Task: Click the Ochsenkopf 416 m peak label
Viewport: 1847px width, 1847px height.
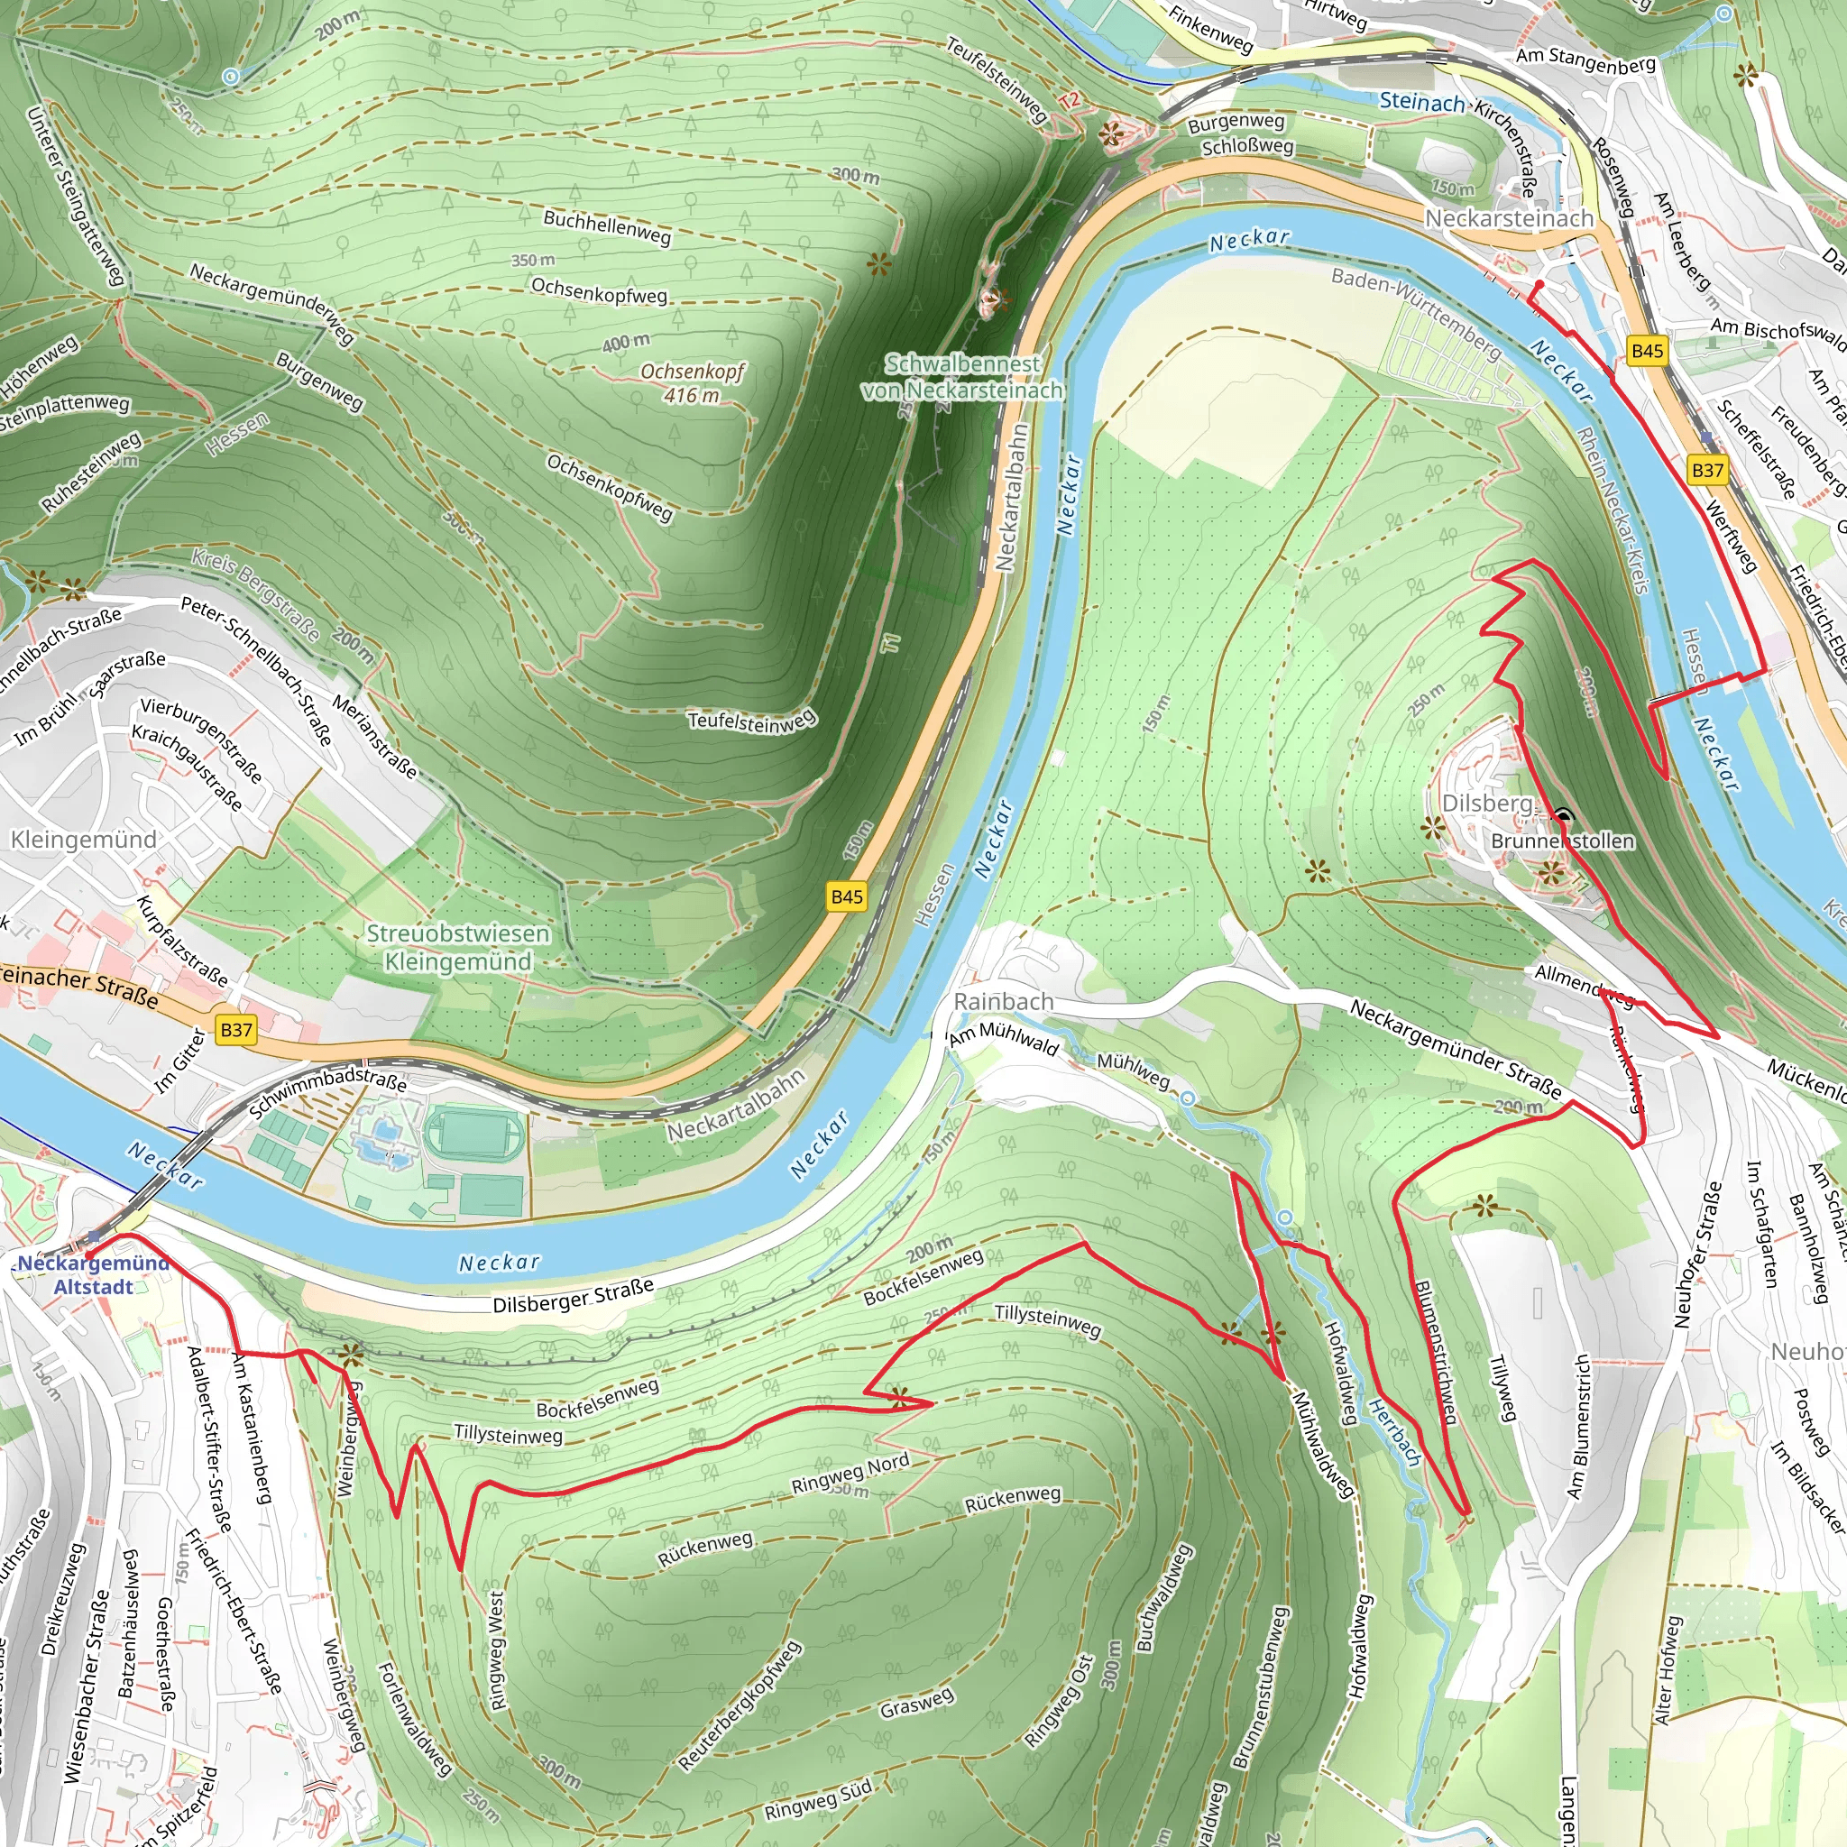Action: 692,382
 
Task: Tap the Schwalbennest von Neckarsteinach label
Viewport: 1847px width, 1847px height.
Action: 961,377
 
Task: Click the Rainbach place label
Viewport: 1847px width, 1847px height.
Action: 1004,1001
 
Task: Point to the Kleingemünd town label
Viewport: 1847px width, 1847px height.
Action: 84,840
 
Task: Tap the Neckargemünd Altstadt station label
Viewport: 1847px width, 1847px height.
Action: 93,1274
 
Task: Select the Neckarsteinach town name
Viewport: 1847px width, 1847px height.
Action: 1510,218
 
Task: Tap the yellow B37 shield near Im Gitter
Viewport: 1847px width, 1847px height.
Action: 236,1030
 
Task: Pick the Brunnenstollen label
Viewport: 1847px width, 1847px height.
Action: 1563,841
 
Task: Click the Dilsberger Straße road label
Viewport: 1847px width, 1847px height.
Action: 574,1295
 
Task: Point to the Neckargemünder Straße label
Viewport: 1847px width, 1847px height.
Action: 1456,1049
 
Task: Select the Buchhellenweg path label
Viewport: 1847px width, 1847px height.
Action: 607,226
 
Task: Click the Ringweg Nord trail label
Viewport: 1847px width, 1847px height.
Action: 850,1472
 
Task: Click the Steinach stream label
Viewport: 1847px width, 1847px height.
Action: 1421,100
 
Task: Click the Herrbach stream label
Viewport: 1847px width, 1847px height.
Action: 1395,1432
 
